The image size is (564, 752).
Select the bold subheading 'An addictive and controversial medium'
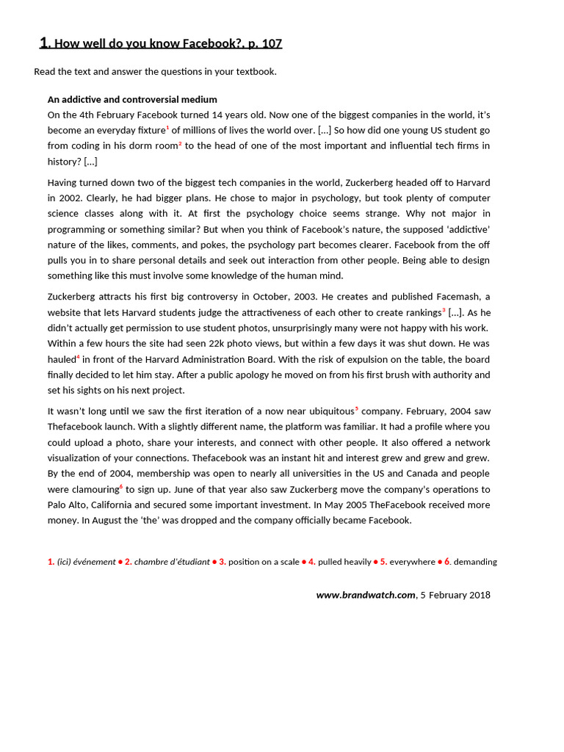132,99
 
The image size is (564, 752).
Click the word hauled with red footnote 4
62,359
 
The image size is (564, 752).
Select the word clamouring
93,490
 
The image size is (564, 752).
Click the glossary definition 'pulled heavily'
344,562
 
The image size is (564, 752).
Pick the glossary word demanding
475,562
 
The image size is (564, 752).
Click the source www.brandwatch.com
366,595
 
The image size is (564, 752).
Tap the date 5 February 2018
455,595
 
